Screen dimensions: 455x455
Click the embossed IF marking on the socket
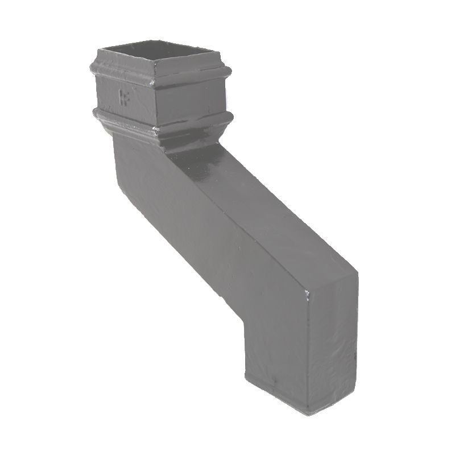122,98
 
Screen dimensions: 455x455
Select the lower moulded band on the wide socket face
122,119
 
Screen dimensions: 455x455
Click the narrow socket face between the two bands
191,100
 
